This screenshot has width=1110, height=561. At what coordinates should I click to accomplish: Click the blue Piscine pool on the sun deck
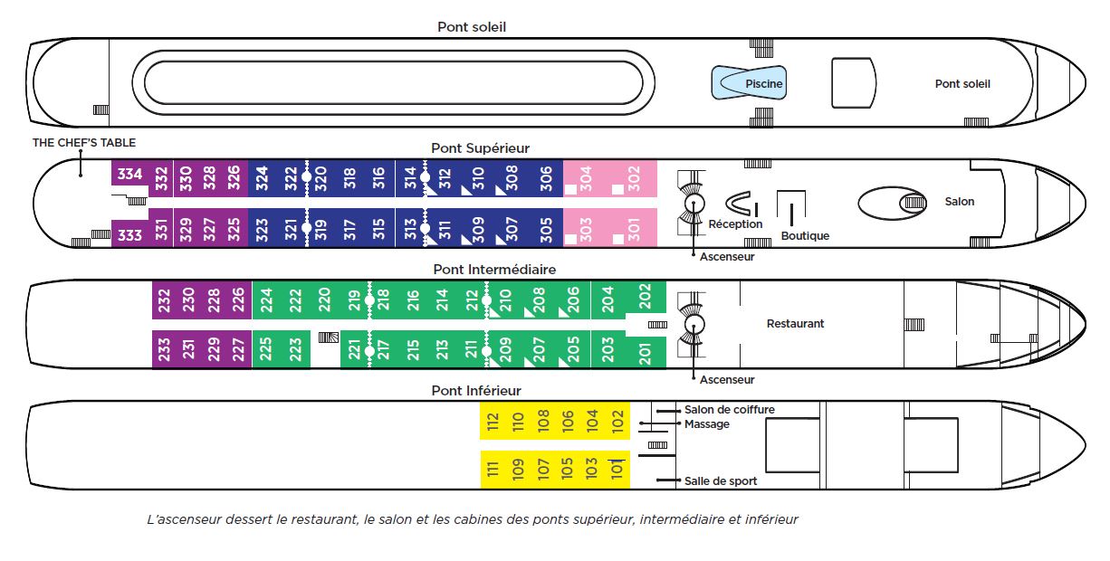(748, 83)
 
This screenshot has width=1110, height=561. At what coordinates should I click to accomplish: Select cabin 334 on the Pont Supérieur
(129, 174)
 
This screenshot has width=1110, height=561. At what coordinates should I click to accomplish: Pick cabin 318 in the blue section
(349, 176)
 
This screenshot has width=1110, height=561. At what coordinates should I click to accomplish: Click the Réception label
(735, 224)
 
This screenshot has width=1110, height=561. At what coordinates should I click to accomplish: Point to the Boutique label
(805, 236)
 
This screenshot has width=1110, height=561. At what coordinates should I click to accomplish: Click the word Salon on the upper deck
(960, 202)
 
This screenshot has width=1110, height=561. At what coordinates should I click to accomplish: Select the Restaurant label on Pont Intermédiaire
(795, 324)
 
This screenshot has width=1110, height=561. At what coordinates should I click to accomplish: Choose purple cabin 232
(164, 300)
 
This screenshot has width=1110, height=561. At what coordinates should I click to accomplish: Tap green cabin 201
(645, 350)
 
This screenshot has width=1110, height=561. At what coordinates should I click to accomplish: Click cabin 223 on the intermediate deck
(295, 350)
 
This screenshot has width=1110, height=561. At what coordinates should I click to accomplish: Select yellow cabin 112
(493, 421)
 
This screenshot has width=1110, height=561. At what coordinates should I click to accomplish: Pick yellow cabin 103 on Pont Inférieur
(591, 469)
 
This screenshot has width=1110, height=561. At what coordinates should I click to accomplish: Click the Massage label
(706, 424)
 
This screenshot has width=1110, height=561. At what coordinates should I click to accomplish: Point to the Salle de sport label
(721, 481)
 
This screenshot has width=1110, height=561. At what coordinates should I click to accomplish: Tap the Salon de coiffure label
(729, 410)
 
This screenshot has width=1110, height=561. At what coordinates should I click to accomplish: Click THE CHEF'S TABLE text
(84, 143)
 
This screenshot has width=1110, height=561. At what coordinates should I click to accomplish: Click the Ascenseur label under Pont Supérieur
(727, 257)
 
